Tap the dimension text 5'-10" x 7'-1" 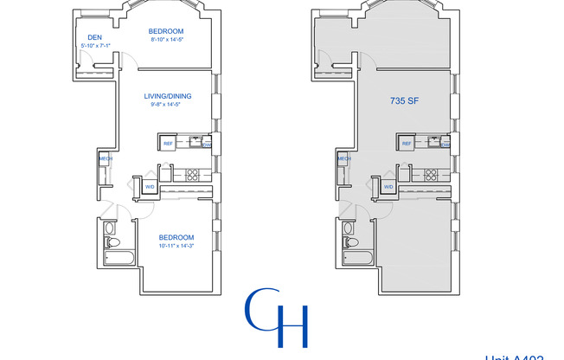pos(96,45)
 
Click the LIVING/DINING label pos(168,96)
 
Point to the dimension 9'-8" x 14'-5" pos(168,105)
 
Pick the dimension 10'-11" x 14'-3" pos(176,247)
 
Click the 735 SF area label pos(406,101)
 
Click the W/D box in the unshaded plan pos(149,186)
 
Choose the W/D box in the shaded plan pos(388,186)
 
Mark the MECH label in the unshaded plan pos(105,159)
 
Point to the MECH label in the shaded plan pos(343,159)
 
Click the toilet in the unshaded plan pos(110,231)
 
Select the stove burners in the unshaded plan pos(192,173)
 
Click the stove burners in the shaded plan pos(430,173)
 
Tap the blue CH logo pos(277,317)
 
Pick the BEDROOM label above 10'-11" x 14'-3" pos(176,237)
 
